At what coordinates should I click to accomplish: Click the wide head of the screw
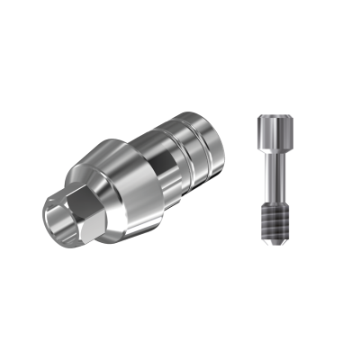[271, 130]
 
